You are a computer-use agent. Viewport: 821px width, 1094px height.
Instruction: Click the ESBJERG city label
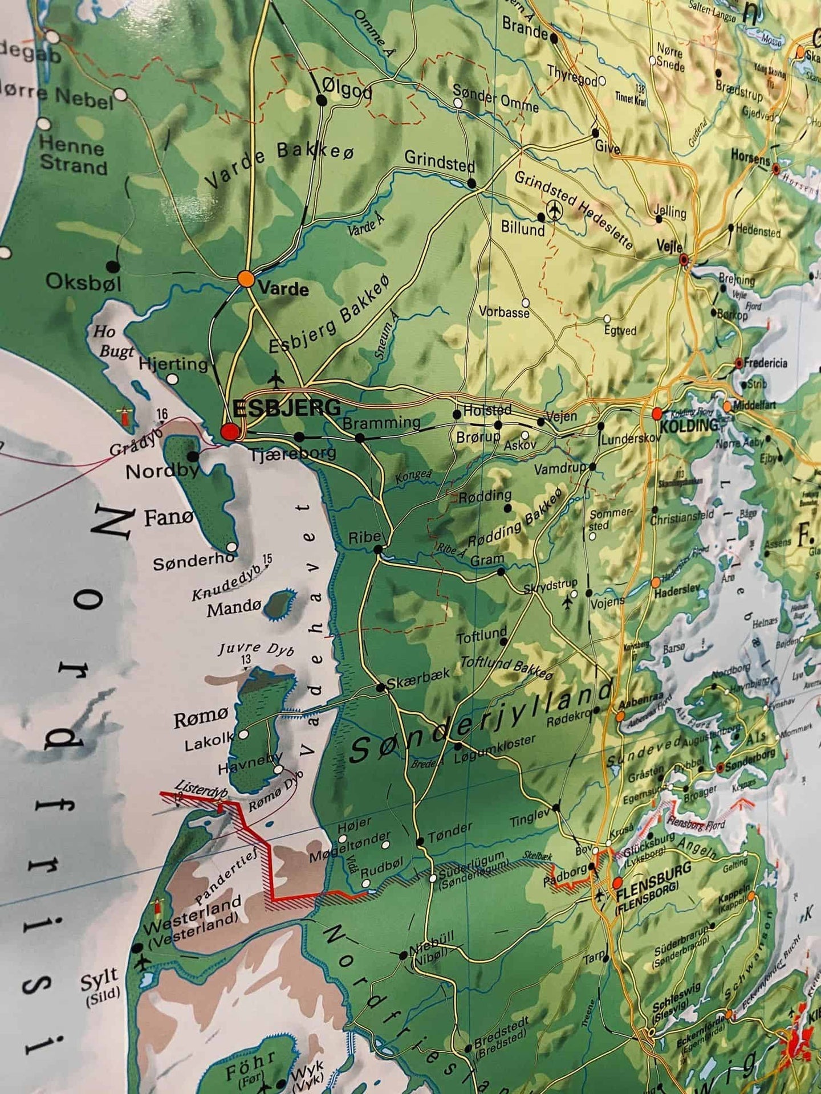tap(287, 408)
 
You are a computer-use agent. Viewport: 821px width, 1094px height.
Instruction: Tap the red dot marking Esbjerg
tap(230, 431)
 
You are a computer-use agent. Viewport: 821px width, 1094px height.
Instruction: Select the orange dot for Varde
tap(246, 279)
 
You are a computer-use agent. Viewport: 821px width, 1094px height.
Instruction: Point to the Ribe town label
tap(363, 537)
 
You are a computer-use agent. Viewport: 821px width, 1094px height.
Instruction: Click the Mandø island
tap(280, 603)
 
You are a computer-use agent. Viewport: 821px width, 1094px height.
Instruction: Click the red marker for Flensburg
tap(617, 884)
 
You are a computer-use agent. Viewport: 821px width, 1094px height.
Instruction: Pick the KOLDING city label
tap(689, 425)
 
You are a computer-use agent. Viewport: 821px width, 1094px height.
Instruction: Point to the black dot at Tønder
tap(420, 841)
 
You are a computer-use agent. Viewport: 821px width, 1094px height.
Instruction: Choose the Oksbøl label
tap(83, 281)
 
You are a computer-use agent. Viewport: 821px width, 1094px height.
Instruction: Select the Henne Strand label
tap(73, 155)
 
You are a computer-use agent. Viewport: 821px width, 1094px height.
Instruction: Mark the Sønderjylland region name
tap(479, 724)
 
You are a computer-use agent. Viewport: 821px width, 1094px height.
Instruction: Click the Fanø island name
tap(169, 518)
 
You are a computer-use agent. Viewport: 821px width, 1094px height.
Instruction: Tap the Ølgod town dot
tap(322, 100)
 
